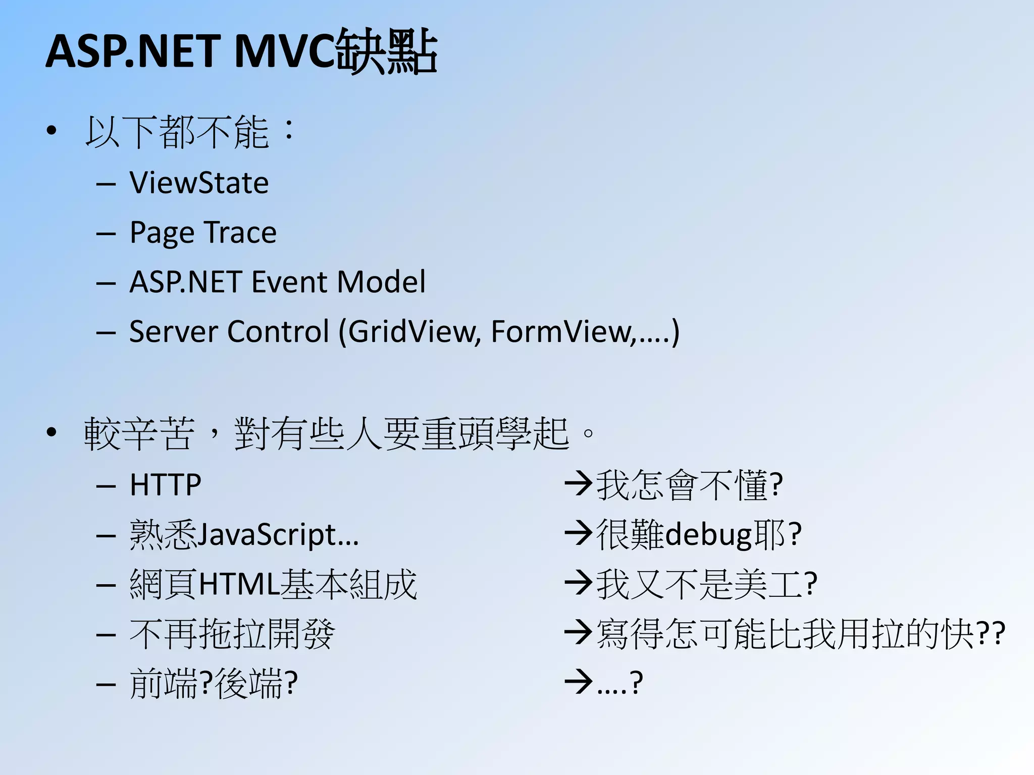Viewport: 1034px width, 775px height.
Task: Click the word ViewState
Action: [199, 183]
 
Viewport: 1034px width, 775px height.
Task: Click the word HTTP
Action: [165, 485]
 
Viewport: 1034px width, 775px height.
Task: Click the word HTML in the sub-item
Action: [239, 584]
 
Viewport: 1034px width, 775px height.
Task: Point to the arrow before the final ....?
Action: [578, 682]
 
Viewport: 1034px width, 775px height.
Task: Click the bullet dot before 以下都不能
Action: [51, 131]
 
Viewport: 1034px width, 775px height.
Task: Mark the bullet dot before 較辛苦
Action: [51, 432]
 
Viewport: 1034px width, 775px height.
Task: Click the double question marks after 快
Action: [991, 634]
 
